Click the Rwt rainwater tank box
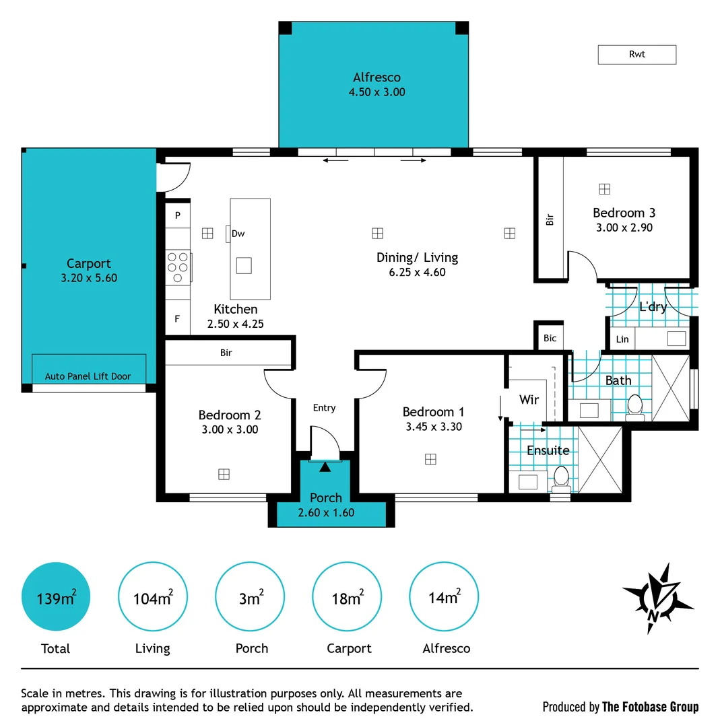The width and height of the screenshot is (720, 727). point(636,55)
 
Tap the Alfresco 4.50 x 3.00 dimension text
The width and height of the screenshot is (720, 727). point(377,92)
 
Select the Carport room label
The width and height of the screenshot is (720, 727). point(88,263)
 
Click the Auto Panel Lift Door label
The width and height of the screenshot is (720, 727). point(88,376)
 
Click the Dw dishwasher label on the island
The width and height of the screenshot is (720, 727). point(238,234)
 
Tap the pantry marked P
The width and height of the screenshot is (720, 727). point(178,215)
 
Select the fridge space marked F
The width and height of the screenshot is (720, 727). point(178,319)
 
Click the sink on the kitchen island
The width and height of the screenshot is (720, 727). point(243,266)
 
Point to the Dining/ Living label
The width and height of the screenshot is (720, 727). point(417,257)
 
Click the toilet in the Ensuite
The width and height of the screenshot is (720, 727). point(561,478)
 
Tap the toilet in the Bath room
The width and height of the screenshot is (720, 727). point(634,405)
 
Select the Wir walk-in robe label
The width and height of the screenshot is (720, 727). point(529,400)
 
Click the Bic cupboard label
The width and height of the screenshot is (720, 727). point(550,338)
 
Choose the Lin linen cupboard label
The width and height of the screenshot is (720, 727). point(622,339)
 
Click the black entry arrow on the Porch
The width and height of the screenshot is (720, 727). point(326,466)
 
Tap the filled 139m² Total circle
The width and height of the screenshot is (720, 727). point(55,598)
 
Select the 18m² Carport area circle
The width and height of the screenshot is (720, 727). point(347,598)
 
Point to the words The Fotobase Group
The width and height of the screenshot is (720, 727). point(650,707)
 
